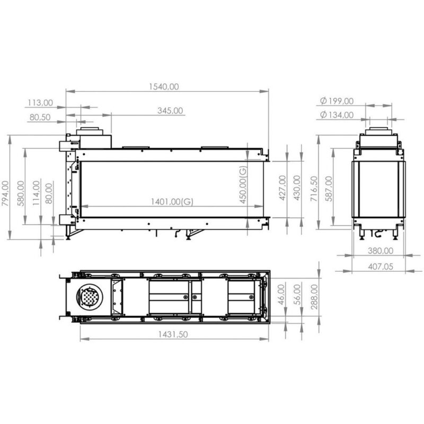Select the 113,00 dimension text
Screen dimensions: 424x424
coord(40,102)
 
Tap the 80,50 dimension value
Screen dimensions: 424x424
coord(40,117)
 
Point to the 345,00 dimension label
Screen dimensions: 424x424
coord(170,111)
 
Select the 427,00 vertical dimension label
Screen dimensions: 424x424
coord(282,188)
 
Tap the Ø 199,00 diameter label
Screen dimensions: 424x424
coord(337,101)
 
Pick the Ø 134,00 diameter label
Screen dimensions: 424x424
coord(337,114)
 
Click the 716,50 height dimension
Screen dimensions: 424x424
coord(314,188)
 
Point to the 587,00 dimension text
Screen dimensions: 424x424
coord(329,188)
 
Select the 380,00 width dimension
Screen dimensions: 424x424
coord(381,251)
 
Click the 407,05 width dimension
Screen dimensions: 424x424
coord(381,267)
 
